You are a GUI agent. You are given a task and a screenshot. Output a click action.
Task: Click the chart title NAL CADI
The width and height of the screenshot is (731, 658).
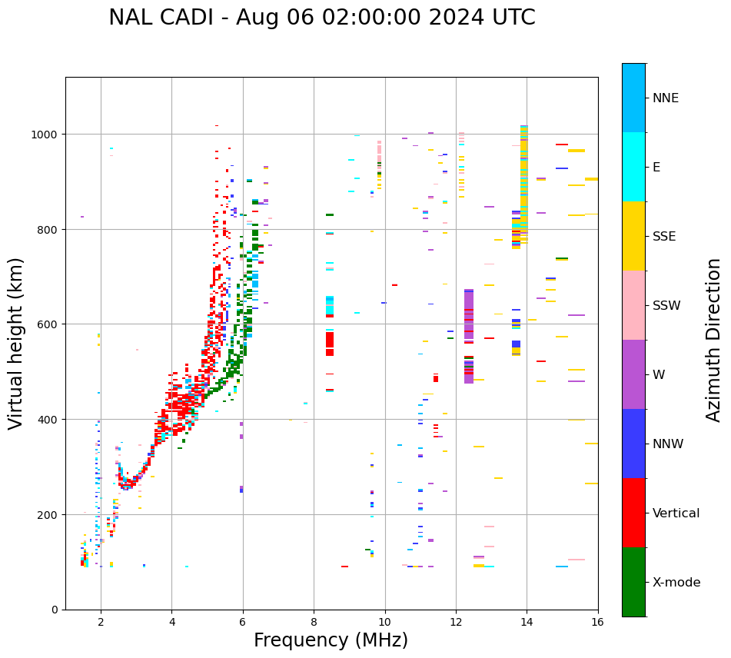(321, 18)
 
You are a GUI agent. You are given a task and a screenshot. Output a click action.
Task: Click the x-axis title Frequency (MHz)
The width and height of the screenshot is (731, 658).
(331, 640)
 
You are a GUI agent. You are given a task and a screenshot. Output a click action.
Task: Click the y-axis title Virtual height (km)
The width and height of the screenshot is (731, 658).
(17, 343)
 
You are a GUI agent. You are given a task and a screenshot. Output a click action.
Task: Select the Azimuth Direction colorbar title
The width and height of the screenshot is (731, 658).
(714, 340)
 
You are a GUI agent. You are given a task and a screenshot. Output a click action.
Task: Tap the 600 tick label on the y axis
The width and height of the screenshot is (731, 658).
(51, 324)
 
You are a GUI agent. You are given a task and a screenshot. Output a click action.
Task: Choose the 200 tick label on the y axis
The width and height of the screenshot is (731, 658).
(51, 514)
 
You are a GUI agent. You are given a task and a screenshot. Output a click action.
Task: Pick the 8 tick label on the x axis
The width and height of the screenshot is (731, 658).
(314, 623)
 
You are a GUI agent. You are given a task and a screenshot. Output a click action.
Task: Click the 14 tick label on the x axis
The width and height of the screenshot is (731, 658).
(527, 623)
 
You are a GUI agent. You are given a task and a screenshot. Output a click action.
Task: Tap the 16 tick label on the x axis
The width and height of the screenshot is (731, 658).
(597, 623)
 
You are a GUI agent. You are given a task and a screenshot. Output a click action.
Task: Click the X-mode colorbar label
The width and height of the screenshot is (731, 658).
(676, 583)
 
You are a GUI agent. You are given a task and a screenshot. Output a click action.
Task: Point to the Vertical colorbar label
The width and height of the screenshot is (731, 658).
(676, 513)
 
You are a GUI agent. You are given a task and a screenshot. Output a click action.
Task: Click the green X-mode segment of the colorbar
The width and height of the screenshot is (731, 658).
(633, 582)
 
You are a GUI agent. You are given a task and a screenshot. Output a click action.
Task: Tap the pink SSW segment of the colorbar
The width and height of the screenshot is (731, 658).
(633, 305)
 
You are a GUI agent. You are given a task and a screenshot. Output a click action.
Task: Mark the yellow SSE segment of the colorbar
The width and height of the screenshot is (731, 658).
(633, 236)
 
